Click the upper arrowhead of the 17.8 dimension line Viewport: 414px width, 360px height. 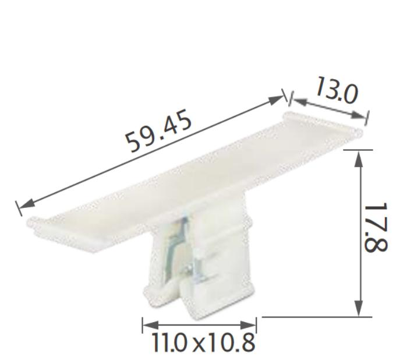click(x=359, y=156)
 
